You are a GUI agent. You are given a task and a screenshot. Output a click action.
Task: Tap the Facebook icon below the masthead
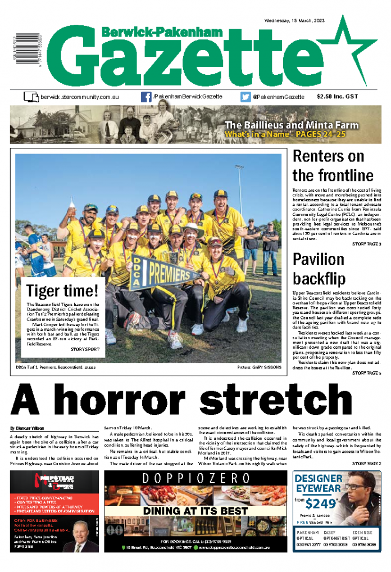pos(146,97)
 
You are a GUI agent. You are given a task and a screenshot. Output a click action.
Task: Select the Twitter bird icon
pos(245,97)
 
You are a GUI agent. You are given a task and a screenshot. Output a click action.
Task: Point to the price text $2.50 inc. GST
pos(337,97)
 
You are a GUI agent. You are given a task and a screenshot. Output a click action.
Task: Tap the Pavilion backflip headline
pos(319,268)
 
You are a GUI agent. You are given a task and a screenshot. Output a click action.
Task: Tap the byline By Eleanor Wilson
pos(26,429)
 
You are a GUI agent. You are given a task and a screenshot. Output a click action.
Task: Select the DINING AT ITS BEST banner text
pos(195,511)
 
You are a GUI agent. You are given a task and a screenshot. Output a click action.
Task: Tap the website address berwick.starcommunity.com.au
pos(79,97)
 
